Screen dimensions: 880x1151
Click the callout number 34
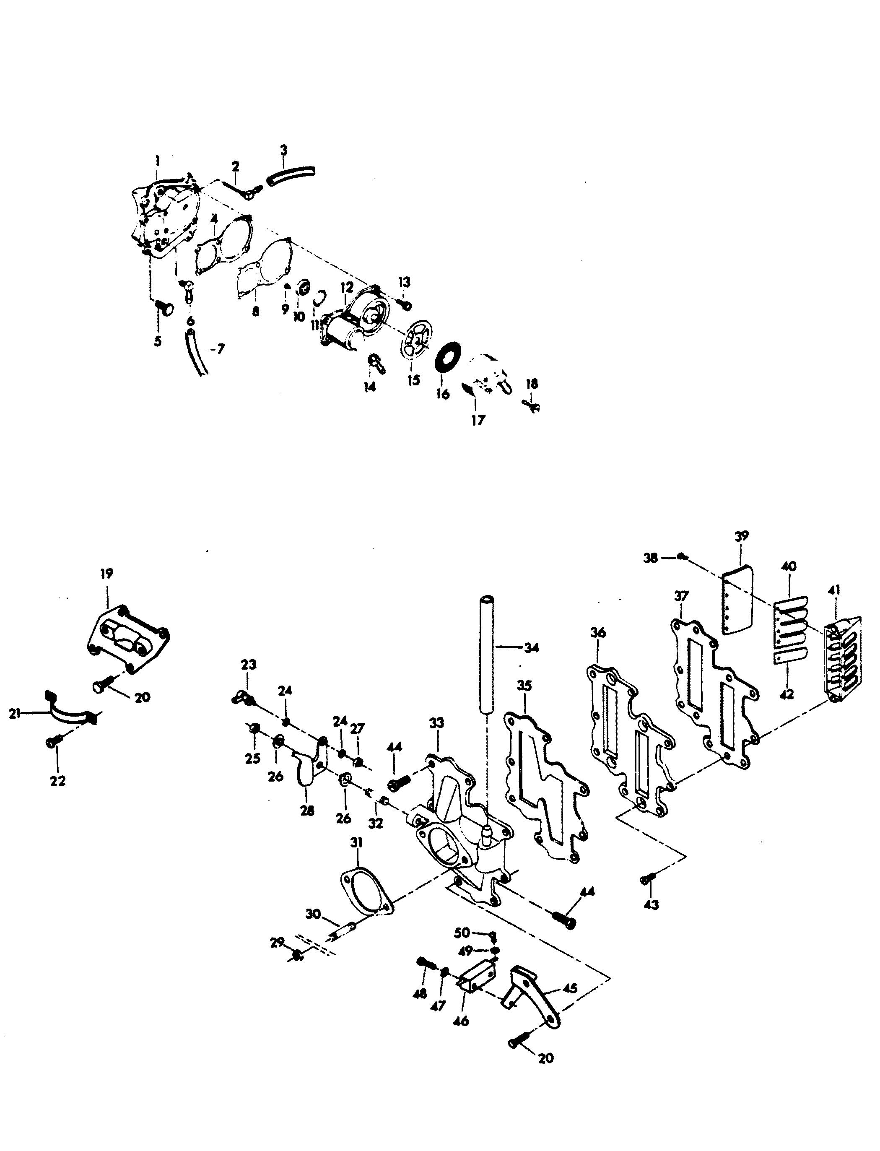coord(531,648)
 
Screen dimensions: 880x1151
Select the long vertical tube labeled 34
coord(487,655)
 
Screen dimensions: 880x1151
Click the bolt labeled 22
coord(54,741)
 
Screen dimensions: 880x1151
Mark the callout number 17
coord(478,420)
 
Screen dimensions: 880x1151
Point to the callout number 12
coord(347,287)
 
